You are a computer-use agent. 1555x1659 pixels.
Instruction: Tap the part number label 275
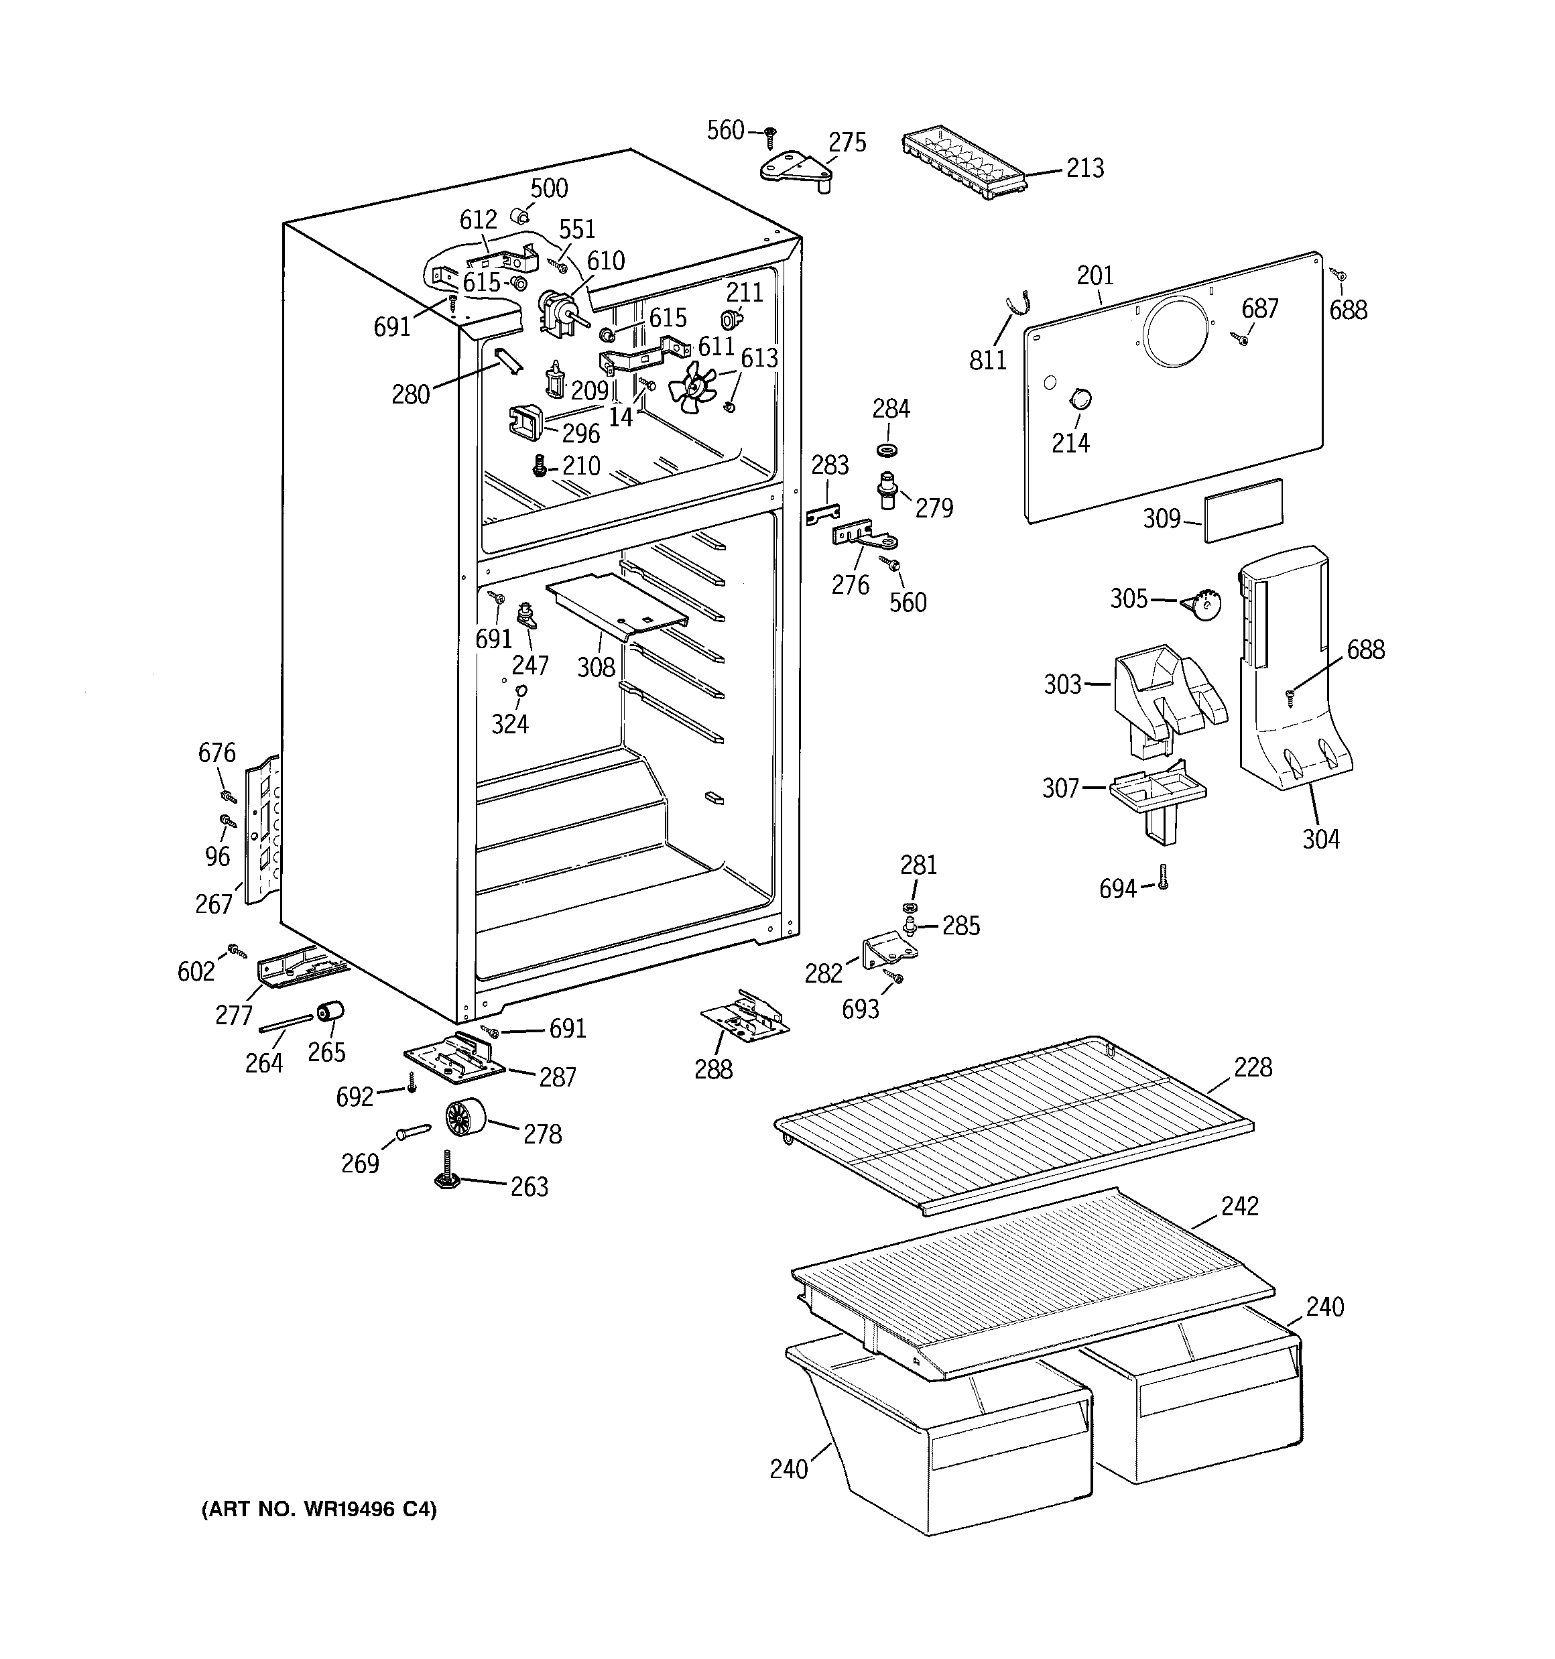coord(847,143)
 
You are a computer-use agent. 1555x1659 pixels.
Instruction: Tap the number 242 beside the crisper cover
coord(1239,1206)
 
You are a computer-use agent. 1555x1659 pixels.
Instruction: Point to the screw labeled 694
coord(1164,877)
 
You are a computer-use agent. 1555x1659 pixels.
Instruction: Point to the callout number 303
coord(1062,685)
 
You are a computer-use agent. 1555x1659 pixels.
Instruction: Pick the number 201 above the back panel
coord(1095,275)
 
